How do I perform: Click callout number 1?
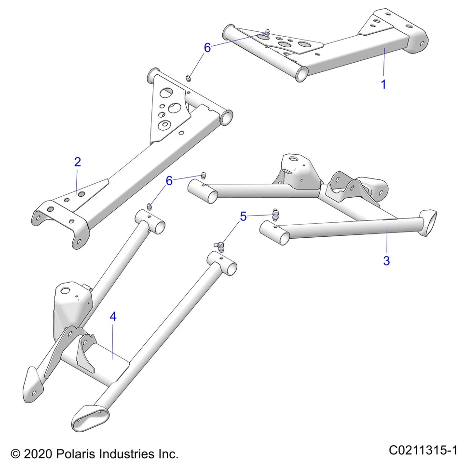pos(383,84)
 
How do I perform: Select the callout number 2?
pos(77,162)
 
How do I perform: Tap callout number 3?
pos(386,261)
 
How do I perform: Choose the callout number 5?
pos(243,217)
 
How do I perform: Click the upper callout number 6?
pos(207,47)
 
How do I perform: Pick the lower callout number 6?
pos(169,181)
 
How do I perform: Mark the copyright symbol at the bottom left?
pos(16,454)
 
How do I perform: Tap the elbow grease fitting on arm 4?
pos(220,246)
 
